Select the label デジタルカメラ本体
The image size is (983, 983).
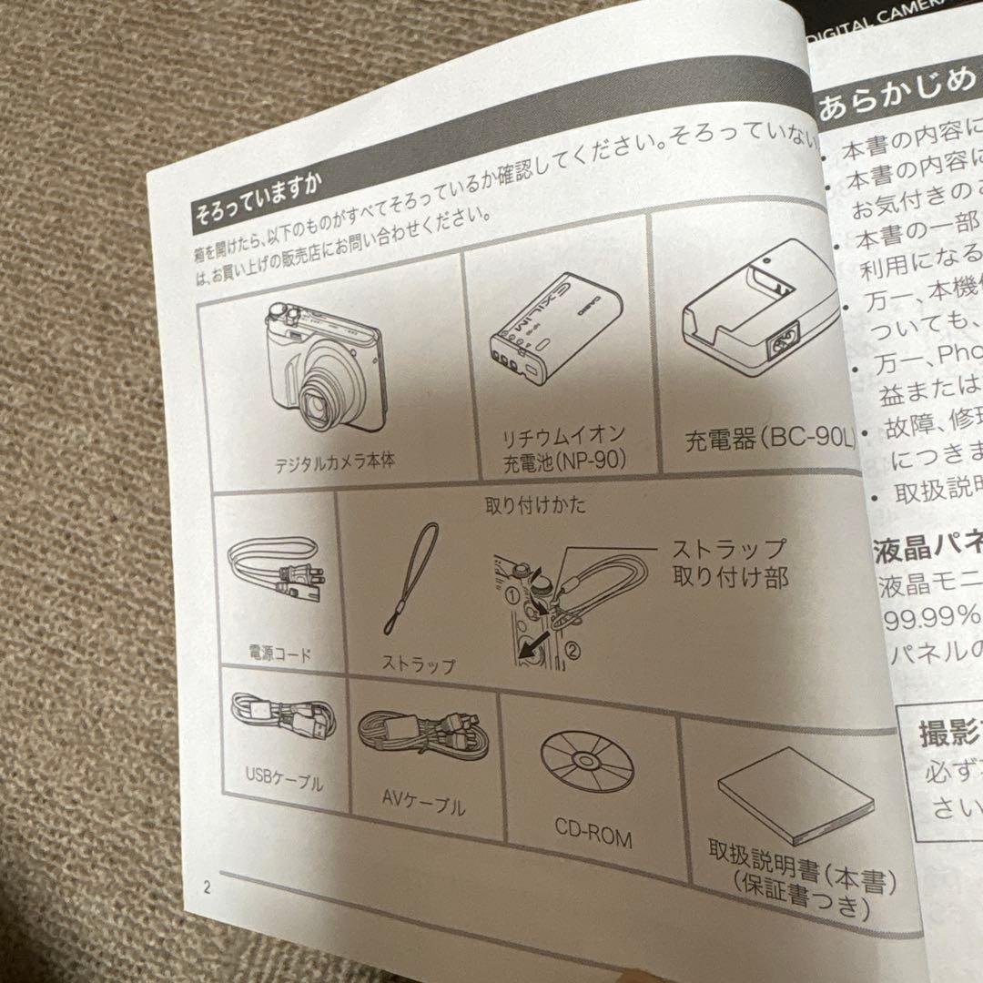(x=335, y=463)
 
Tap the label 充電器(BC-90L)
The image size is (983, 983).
(x=770, y=441)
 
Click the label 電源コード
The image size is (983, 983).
(x=279, y=654)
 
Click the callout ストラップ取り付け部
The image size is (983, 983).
(x=728, y=562)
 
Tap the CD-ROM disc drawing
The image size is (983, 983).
(x=587, y=759)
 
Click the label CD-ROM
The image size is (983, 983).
(x=593, y=834)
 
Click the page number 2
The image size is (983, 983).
(x=208, y=888)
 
